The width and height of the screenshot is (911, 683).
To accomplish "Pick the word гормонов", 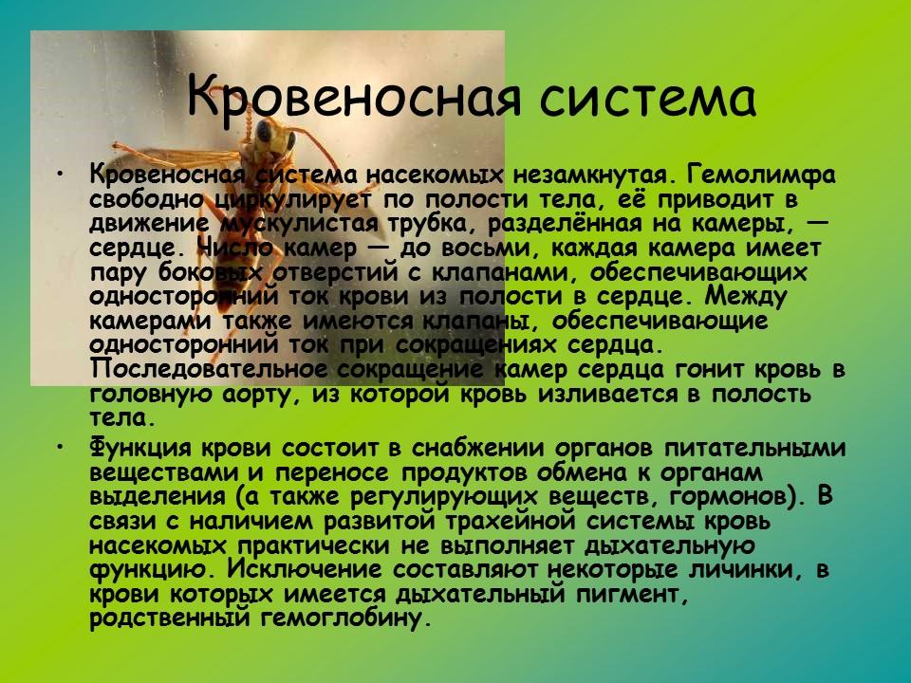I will [716, 496].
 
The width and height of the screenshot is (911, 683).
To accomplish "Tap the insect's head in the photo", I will [272, 139].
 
